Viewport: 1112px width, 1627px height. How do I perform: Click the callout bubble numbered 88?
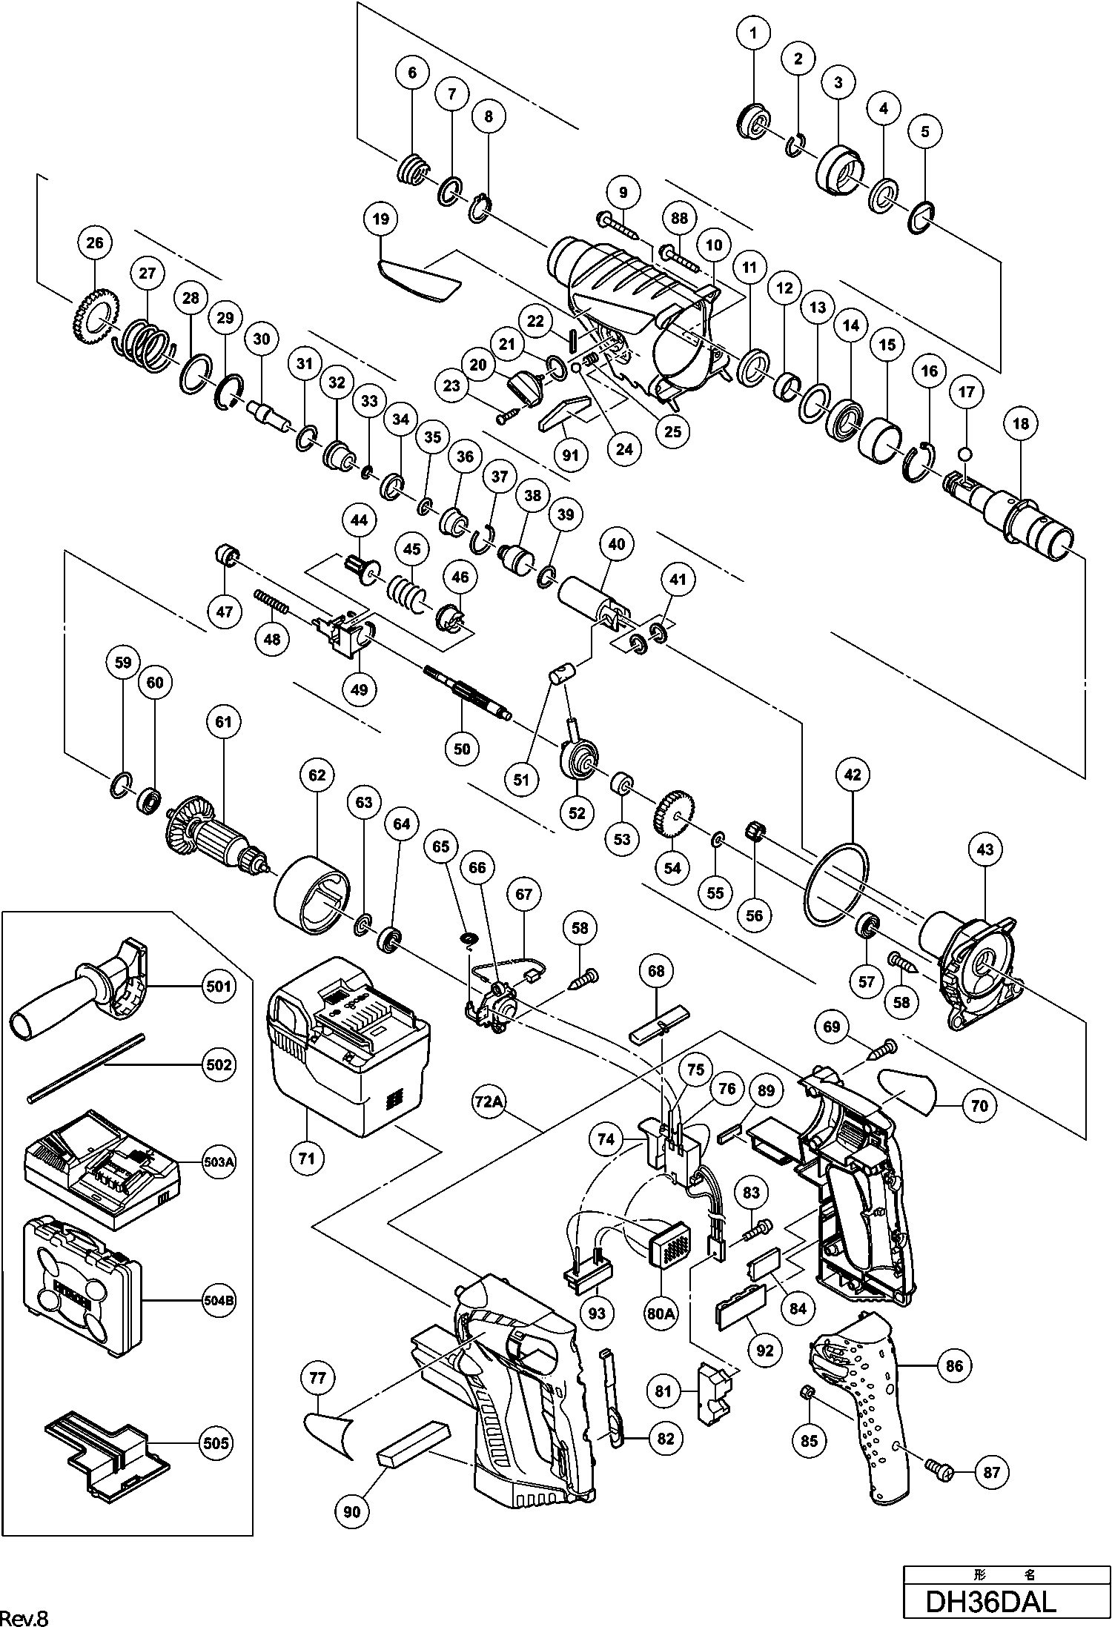679,219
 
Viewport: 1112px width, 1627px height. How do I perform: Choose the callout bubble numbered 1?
754,33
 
